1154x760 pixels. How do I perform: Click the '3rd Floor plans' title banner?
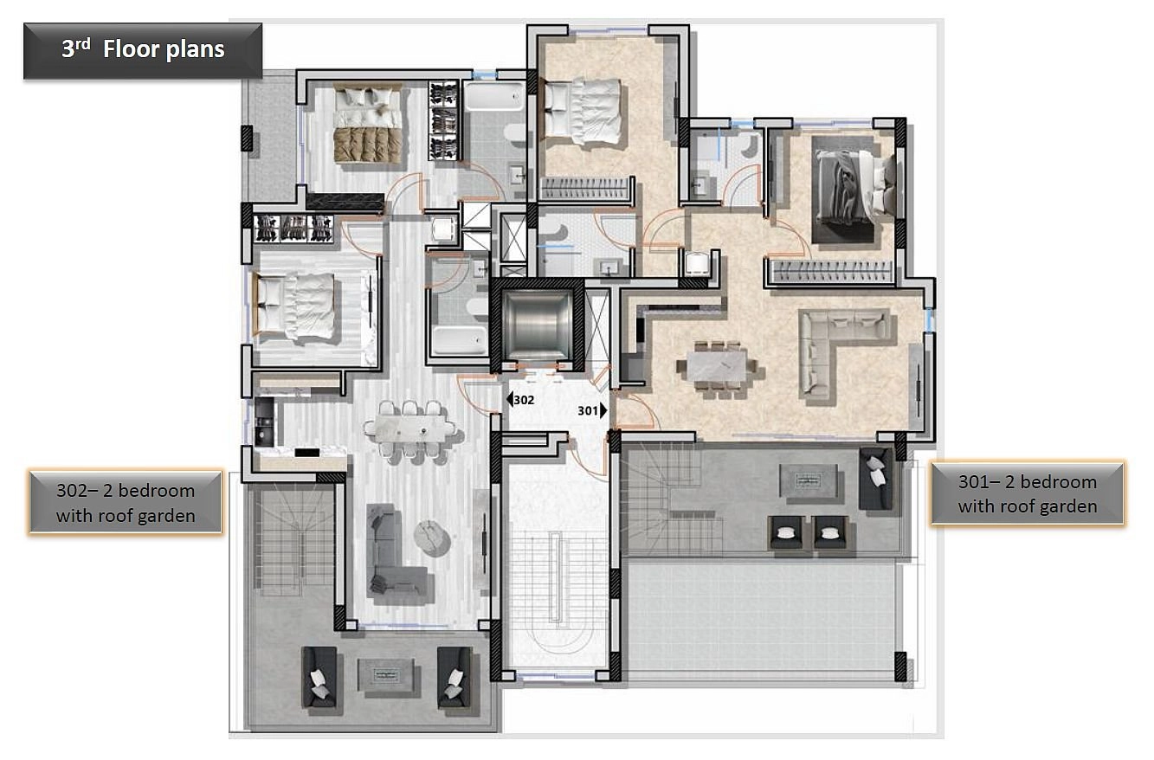tap(143, 50)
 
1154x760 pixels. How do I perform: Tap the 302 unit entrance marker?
tap(520, 399)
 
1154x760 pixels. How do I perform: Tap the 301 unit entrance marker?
tap(592, 410)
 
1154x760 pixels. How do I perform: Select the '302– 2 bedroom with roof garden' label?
tap(126, 502)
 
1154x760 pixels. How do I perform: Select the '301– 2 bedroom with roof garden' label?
tap(1028, 493)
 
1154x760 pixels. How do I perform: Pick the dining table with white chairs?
tap(409, 428)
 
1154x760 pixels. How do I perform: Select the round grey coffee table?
tap(433, 538)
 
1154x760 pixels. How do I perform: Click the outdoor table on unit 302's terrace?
tap(386, 675)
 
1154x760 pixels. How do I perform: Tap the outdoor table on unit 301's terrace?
tap(808, 480)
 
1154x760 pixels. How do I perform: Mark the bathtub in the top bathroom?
tap(494, 95)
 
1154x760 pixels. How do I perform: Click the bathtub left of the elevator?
tap(459, 340)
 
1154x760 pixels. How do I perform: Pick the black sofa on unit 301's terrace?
tap(876, 478)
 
